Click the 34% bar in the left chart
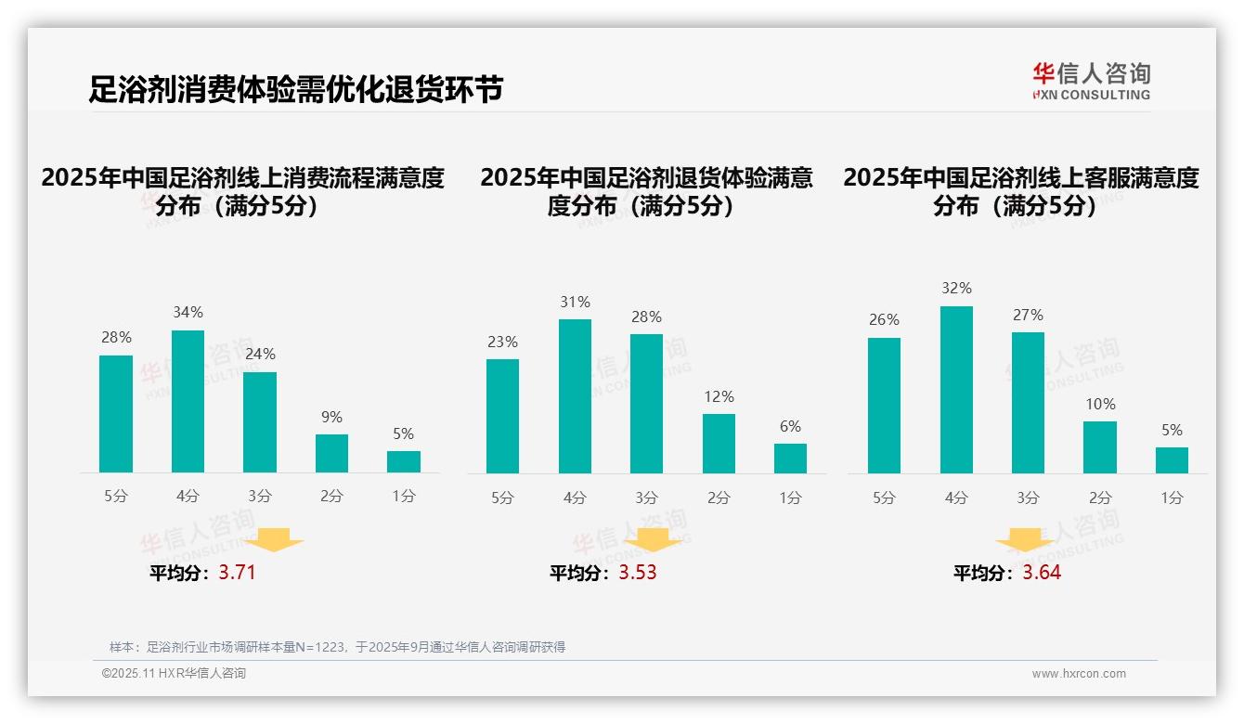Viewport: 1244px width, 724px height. pos(188,401)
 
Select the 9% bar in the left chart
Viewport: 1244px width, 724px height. pos(331,453)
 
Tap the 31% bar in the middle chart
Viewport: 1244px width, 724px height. pos(575,396)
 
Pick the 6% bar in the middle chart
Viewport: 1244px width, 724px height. pos(790,459)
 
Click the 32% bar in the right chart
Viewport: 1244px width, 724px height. pos(956,390)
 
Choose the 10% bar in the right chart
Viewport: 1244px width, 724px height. pos(1100,447)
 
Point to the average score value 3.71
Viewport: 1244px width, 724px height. pos(237,573)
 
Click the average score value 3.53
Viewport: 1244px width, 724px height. pos(638,573)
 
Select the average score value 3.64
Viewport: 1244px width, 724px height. pos(1042,573)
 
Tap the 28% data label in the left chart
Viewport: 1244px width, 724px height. pos(116,338)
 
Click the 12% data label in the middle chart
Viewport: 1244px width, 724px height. pos(719,396)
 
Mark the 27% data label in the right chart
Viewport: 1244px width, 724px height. pos(1028,315)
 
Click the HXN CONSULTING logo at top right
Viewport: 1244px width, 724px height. pos(1091,82)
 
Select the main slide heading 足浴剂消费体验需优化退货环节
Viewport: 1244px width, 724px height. pos(296,89)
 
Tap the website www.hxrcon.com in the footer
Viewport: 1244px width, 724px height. pos(1079,674)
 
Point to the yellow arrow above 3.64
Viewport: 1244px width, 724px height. pos(1025,542)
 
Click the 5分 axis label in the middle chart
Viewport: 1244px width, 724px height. pos(502,498)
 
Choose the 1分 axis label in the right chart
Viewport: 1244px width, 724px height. pos(1172,498)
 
